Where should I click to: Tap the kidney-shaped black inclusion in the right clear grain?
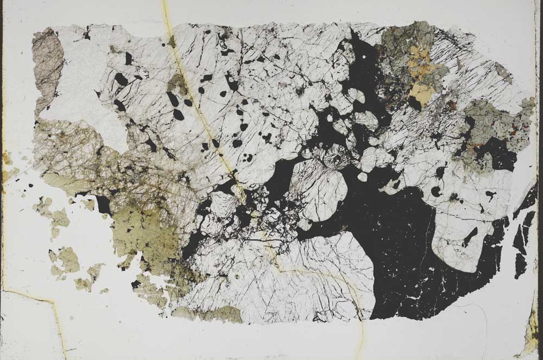435,191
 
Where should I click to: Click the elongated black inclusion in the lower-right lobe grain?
470,237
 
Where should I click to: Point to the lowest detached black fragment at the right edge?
520,266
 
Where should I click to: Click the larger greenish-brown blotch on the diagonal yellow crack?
176,84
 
